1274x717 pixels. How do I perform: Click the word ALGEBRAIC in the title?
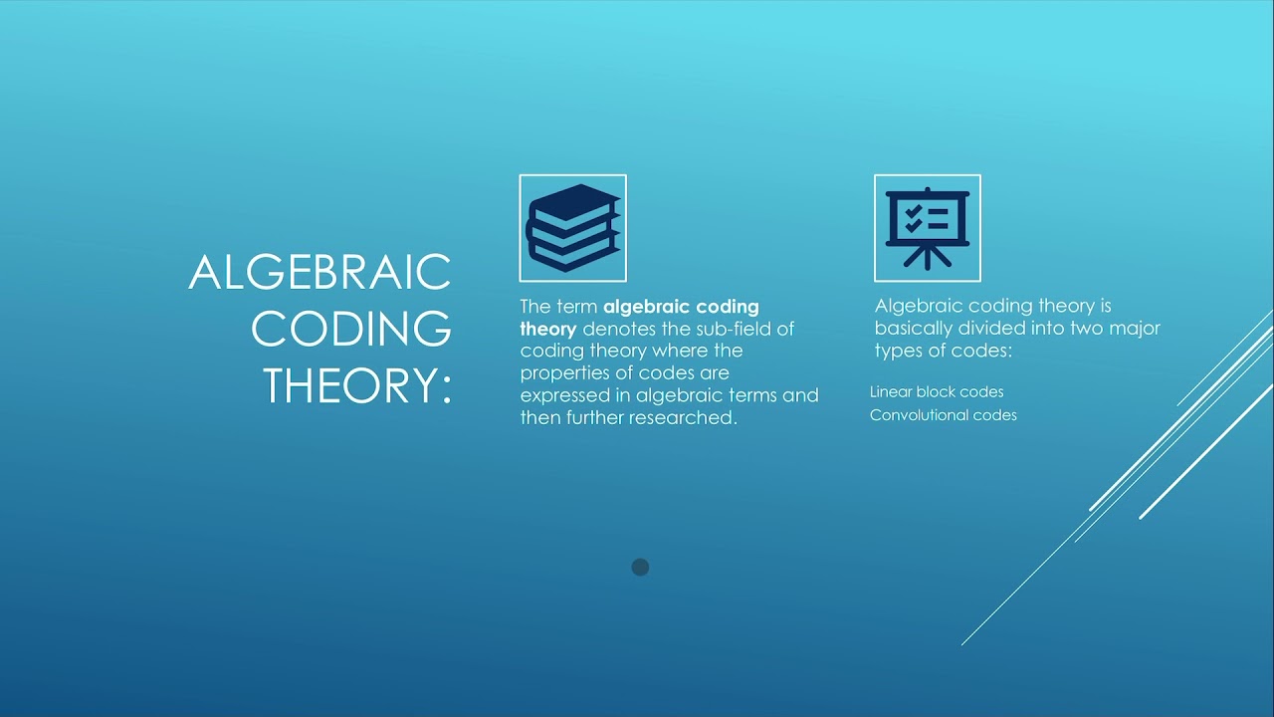(x=319, y=272)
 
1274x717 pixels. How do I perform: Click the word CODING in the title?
(x=350, y=329)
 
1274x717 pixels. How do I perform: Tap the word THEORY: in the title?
(x=357, y=385)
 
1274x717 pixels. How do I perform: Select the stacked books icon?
(x=572, y=228)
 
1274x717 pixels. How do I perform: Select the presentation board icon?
(x=927, y=228)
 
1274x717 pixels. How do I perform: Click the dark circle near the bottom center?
(x=640, y=567)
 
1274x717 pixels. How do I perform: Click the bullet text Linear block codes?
(x=937, y=392)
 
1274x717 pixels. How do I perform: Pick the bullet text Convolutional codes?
(x=943, y=415)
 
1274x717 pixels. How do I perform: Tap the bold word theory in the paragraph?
(x=547, y=329)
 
